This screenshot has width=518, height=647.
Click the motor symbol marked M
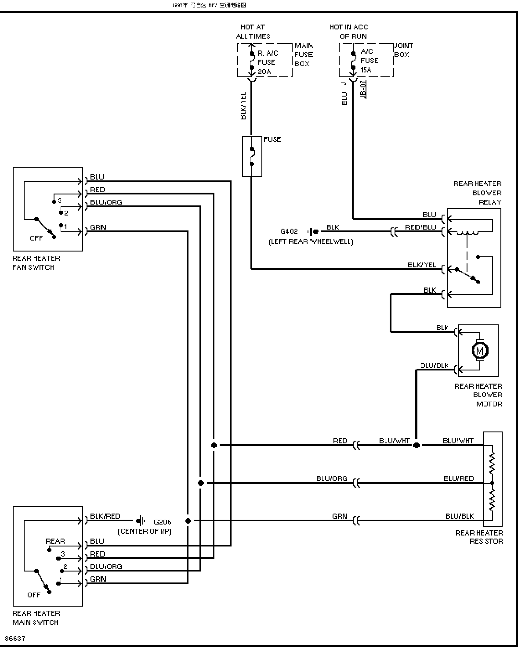tap(480, 350)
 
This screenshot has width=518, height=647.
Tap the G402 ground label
tap(289, 231)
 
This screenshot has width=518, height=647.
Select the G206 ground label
tap(162, 522)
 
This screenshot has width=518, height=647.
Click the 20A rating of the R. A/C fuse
tap(264, 72)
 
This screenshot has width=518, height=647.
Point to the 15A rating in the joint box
tap(366, 70)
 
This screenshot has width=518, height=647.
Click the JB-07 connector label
tap(363, 89)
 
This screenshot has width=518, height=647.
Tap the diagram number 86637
tap(15, 638)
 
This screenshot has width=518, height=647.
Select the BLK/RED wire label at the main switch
tap(105, 516)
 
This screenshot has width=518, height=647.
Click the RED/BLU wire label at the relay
tap(420, 227)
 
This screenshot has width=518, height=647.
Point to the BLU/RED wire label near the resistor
tap(459, 478)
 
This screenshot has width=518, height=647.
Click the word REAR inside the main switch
tap(55, 541)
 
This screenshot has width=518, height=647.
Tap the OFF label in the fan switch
tap(36, 238)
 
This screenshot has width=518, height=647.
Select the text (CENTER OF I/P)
tap(145, 532)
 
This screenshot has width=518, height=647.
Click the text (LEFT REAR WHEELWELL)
tap(311, 242)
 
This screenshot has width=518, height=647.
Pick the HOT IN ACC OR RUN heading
tap(349, 32)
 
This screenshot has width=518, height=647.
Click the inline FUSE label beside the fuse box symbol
tap(272, 139)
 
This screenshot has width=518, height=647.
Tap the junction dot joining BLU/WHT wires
tap(416, 445)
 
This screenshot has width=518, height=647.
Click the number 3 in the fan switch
tap(59, 200)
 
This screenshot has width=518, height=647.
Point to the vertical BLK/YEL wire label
tap(243, 106)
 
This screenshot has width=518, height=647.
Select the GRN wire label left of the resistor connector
tap(340, 516)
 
